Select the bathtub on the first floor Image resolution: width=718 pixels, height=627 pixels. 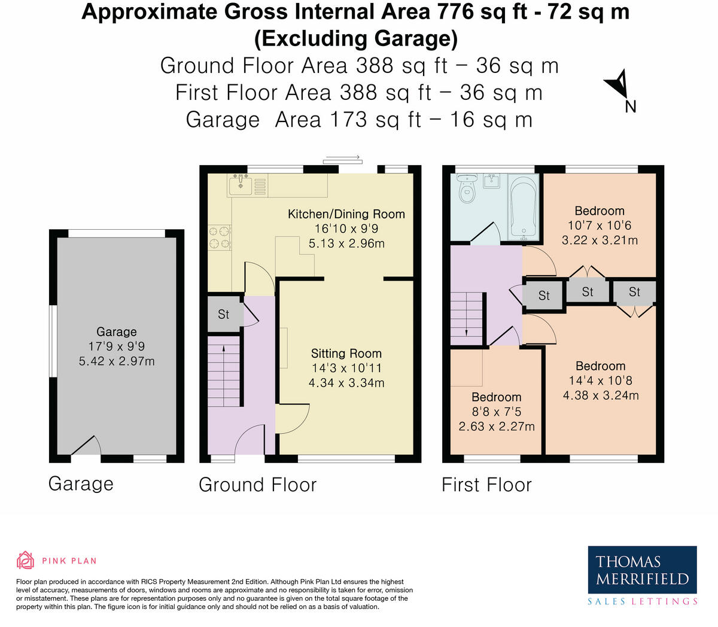click(524, 207)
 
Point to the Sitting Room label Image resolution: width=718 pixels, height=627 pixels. click(346, 354)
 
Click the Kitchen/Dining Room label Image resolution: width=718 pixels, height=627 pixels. click(346, 214)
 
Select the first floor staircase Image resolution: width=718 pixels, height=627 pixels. click(467, 318)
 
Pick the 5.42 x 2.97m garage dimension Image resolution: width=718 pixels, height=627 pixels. click(117, 361)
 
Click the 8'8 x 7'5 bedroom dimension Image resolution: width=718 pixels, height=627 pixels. click(496, 412)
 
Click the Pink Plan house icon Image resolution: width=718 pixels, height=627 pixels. click(25, 561)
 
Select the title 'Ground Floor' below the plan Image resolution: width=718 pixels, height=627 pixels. click(257, 485)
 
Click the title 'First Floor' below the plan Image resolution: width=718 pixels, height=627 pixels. click(486, 485)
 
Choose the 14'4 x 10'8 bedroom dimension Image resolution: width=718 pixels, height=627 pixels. click(600, 381)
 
